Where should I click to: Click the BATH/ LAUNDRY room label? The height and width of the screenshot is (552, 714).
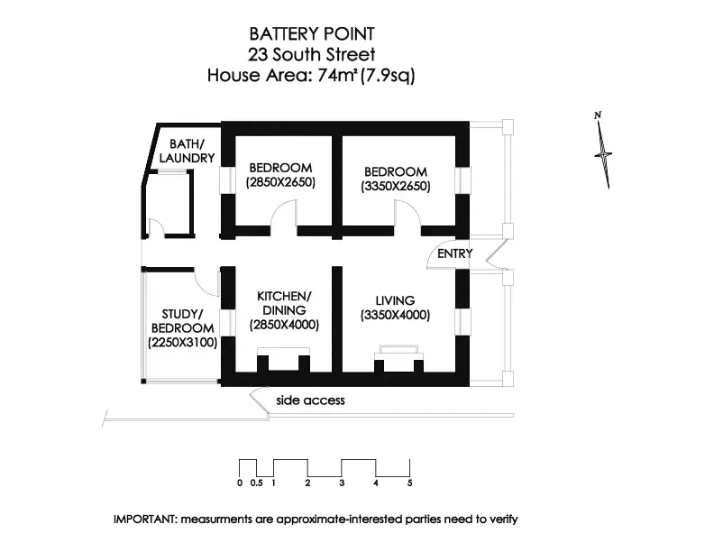point(188,151)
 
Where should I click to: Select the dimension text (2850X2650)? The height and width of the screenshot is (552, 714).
point(280,183)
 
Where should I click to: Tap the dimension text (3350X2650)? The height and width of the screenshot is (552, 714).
point(395,187)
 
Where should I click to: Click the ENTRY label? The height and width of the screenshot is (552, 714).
point(454,253)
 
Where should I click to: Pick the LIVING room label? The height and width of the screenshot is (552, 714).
point(395,300)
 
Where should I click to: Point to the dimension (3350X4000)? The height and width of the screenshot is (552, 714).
point(395,316)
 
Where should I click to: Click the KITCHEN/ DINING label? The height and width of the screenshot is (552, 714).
point(284,303)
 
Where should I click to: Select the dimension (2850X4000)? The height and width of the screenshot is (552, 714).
point(284,325)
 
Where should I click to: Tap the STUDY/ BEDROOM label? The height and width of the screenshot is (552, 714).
point(182,321)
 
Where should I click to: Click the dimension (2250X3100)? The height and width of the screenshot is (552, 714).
point(182,343)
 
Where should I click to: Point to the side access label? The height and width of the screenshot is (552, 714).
point(310,400)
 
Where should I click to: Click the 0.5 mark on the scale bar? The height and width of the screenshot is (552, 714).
point(256,483)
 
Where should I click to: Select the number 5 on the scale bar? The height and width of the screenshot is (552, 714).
point(409,483)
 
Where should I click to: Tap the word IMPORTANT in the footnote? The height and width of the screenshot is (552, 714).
point(145,520)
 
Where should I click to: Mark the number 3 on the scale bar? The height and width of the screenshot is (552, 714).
point(342,483)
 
